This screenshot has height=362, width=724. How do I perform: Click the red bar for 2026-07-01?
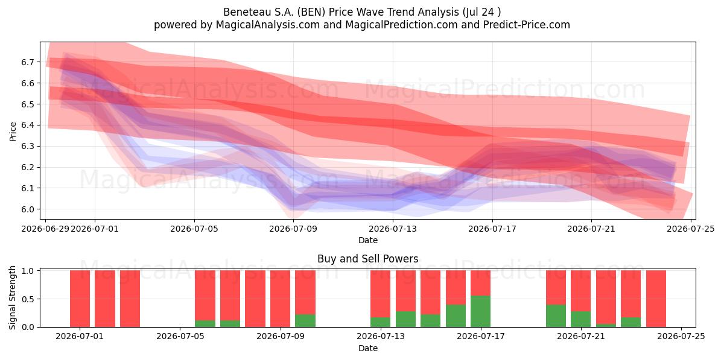[80, 299]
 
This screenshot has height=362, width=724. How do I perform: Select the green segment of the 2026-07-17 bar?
[480, 311]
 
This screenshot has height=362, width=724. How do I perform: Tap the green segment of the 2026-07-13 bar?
[380, 322]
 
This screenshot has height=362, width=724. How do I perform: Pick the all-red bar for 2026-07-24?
[656, 299]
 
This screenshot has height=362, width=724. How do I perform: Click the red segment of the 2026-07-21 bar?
[580, 291]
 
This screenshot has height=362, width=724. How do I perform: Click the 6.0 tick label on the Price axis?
[28, 209]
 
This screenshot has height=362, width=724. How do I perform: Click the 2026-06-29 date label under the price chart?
[45, 229]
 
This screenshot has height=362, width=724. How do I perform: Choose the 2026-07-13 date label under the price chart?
[393, 229]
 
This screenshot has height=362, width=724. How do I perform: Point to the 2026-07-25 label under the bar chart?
[681, 337]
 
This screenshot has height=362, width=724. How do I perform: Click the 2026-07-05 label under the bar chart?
[180, 337]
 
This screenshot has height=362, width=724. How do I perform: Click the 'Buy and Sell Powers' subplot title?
[368, 259]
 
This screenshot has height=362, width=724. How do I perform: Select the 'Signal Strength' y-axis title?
[12, 297]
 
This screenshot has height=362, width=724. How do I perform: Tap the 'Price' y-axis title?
[13, 132]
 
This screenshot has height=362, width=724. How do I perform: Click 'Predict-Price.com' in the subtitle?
[527, 25]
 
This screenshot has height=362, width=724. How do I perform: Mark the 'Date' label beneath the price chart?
[368, 240]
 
